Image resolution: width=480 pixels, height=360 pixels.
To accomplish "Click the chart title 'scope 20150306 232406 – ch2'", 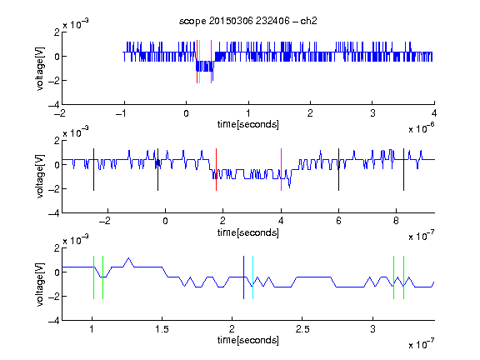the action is (248, 21).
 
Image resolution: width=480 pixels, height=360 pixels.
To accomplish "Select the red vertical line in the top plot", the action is (197, 62).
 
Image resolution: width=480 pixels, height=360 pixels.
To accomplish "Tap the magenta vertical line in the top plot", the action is (211, 62).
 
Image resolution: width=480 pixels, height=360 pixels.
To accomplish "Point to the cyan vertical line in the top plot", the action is (200, 62).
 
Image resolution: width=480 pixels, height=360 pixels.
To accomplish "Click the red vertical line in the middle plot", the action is (216, 170).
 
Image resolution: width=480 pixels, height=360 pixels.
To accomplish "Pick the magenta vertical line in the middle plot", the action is (281, 170).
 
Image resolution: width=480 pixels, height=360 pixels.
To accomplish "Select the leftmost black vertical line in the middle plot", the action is (93, 170).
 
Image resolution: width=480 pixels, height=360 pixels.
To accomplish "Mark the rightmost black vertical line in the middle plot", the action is (403, 170).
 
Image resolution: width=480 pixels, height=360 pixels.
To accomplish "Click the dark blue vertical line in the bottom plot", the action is (243, 277).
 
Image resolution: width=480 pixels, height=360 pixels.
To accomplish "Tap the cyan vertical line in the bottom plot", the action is (252, 277).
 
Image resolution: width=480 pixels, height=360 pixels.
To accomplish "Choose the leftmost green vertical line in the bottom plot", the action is (93, 277).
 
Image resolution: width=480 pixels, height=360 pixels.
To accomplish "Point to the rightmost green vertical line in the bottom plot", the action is (404, 277).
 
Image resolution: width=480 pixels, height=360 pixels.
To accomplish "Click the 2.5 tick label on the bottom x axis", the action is (302, 329).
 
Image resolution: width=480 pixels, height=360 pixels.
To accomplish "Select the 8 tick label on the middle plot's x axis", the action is (396, 221).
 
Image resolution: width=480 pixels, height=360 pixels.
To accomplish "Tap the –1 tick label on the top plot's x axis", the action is (121, 113).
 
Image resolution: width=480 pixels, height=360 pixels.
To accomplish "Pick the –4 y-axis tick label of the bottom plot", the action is (54, 320).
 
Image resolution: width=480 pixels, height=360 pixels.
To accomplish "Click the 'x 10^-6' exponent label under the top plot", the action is (422, 128).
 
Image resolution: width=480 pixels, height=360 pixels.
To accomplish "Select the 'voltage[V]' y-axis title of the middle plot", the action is (40, 177).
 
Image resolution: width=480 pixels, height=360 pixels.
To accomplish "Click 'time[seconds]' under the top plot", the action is (248, 125).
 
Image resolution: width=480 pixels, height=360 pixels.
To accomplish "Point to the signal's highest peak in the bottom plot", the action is (128, 258).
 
